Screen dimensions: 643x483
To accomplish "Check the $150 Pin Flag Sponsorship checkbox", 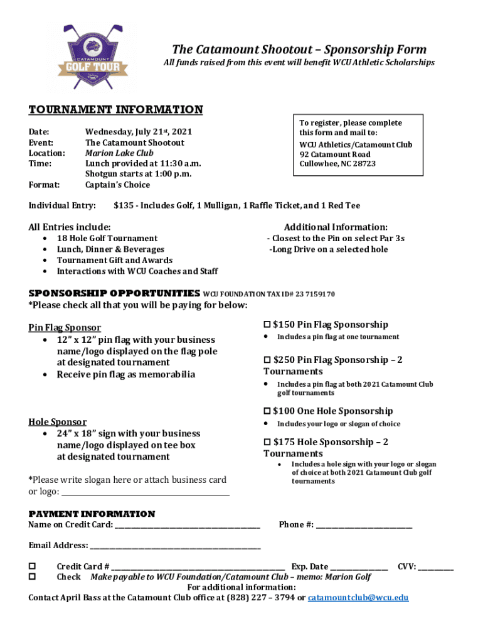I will (x=267, y=325).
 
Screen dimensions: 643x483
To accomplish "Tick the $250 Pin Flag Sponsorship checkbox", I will (x=267, y=360).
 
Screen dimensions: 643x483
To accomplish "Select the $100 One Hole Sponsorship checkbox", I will (x=267, y=411).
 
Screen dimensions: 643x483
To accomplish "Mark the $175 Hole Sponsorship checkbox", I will (x=267, y=442).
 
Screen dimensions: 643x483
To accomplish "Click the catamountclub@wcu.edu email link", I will (x=358, y=597).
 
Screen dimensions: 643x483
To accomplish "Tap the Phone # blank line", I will (x=364, y=525).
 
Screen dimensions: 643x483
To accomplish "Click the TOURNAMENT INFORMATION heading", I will (x=116, y=110).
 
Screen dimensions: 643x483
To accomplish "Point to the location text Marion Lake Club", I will (x=119, y=153).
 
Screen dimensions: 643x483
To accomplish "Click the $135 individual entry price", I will (x=124, y=205).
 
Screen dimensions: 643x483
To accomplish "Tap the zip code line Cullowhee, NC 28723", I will (x=337, y=164).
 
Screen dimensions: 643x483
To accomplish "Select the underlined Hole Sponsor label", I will (x=58, y=422).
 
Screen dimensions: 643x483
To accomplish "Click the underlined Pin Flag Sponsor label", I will (x=65, y=328).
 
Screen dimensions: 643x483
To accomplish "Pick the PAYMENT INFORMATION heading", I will (x=92, y=514).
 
